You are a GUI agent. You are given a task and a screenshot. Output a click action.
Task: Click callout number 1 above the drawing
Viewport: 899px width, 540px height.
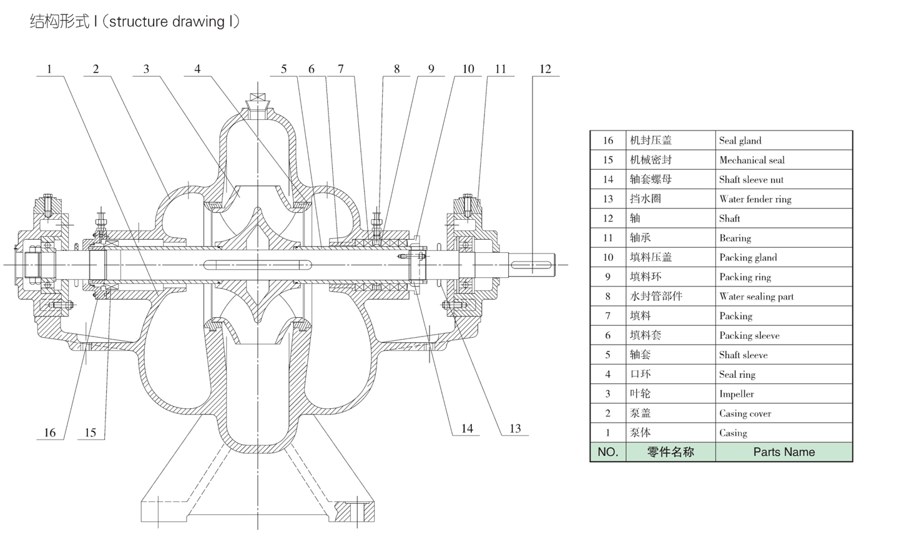[x=49, y=69]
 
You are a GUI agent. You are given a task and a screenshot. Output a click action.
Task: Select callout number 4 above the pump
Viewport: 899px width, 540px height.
[x=197, y=69]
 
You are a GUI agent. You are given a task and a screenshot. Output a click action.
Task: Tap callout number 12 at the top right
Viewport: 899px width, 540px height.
[x=545, y=69]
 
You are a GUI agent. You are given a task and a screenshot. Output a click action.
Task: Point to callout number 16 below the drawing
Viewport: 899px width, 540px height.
[x=49, y=433]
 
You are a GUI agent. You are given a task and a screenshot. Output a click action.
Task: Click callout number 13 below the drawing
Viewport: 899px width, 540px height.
[x=514, y=429]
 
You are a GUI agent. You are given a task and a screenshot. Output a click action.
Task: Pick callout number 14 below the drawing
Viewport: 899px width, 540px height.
[x=467, y=429]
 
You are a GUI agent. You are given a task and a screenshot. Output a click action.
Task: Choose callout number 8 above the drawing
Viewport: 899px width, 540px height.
[x=396, y=69]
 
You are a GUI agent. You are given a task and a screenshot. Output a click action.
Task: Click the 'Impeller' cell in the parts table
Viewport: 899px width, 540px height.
[x=736, y=394]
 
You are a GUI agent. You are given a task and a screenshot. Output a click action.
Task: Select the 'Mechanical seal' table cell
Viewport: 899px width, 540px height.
[x=752, y=160]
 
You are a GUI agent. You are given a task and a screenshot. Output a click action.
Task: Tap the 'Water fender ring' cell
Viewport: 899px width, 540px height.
[x=755, y=199]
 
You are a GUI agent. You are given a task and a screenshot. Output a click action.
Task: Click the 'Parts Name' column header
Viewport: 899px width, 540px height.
[x=784, y=452]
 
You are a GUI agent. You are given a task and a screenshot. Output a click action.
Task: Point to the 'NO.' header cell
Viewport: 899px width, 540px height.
[x=607, y=452]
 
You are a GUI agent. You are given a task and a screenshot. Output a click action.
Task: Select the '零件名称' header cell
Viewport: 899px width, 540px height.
[x=670, y=452]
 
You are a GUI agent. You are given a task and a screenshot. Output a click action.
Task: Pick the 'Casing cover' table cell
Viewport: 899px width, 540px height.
[x=745, y=413]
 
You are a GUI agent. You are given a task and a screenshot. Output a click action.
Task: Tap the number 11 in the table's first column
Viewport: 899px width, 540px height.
[x=607, y=238]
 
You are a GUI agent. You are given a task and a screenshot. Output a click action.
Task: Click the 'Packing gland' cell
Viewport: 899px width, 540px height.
[x=748, y=257]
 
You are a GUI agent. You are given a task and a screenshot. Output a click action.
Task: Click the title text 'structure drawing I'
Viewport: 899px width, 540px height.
[x=170, y=22]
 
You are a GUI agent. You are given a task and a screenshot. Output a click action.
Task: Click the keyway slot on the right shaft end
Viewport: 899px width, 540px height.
[x=533, y=266]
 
